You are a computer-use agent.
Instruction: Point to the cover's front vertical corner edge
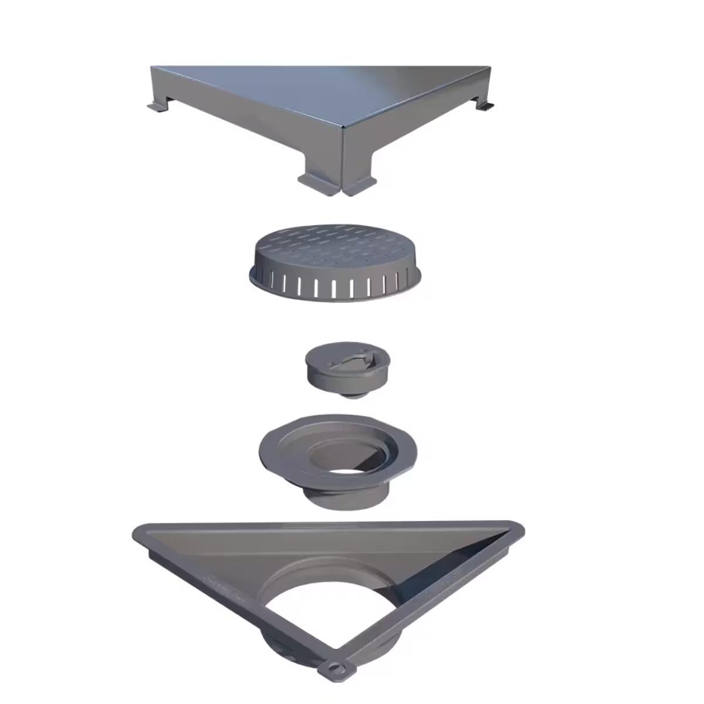point(342,158)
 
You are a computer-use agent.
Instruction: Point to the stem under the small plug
point(350,395)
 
